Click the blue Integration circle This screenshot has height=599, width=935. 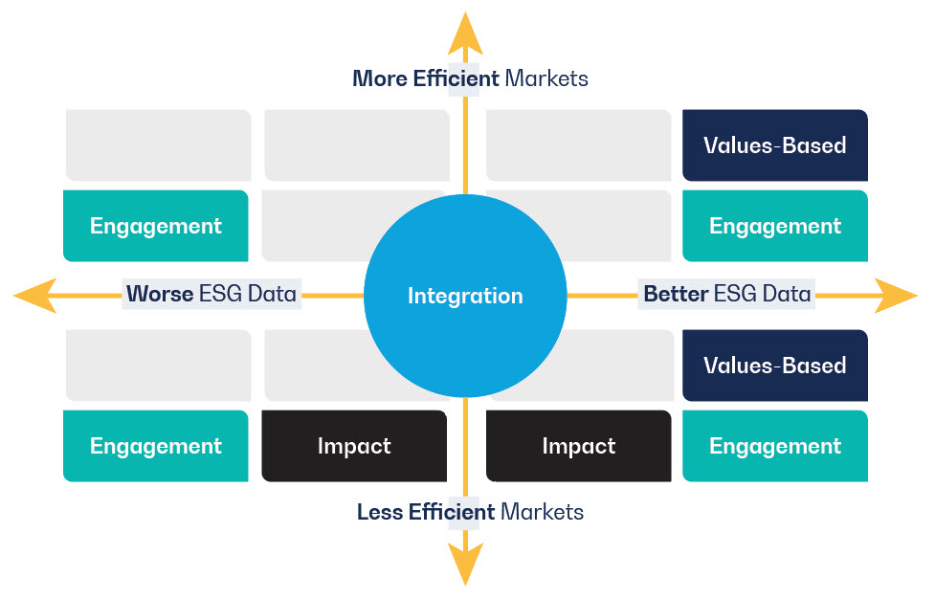coord(465,296)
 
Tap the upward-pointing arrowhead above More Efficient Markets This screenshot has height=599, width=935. coord(465,34)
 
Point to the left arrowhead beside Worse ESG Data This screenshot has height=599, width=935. coord(35,296)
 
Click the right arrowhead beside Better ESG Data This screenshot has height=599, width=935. coord(896,296)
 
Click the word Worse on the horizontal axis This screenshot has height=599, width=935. coord(160,294)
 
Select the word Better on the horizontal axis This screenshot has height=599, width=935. coord(676,294)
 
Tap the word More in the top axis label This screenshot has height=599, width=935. coord(380,78)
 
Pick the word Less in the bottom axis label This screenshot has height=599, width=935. coord(380,512)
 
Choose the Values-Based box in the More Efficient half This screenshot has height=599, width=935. coord(775,145)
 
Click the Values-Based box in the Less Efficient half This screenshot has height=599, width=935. coord(775,366)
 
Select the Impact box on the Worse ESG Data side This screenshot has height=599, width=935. coord(354,446)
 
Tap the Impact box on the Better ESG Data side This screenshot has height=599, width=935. coord(579,446)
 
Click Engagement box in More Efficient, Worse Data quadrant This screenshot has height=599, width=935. coord(156,226)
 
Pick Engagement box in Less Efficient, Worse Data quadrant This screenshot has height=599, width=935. coord(156,446)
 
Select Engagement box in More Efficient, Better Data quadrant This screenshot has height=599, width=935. coord(775,226)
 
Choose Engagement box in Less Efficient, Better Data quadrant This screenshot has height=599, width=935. coord(775,446)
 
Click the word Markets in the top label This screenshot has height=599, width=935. coord(546,78)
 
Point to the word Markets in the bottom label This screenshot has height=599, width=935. coord(542,512)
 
